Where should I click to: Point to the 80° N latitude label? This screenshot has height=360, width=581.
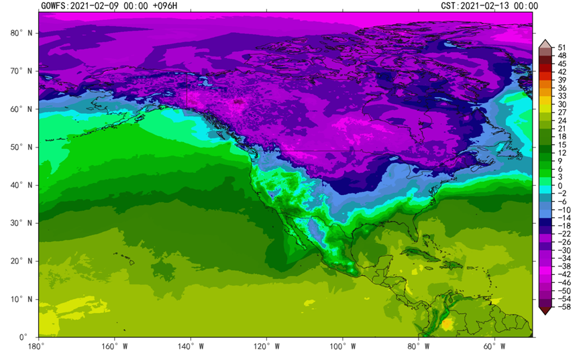(21, 32)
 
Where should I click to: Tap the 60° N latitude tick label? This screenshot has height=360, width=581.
(21, 109)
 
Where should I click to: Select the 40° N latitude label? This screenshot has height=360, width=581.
(21, 185)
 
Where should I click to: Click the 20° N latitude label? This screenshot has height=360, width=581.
(21, 261)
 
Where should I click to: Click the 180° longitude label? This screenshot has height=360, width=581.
(38, 347)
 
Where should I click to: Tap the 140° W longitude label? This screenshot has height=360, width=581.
(191, 347)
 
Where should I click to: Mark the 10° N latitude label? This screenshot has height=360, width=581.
(21, 299)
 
